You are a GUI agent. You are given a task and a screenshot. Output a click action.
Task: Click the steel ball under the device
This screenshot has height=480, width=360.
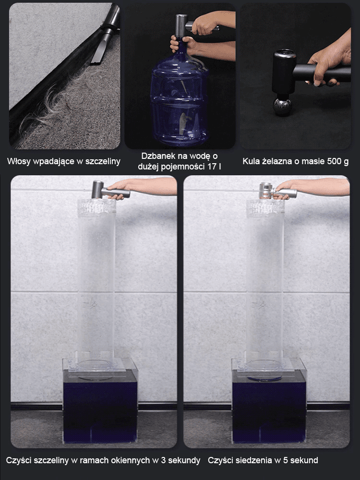pos(283,107)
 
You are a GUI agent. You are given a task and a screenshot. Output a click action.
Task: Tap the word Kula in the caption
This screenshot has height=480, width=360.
pos(251,161)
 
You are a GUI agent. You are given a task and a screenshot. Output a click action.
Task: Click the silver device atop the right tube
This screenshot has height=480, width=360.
pos(277,191)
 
